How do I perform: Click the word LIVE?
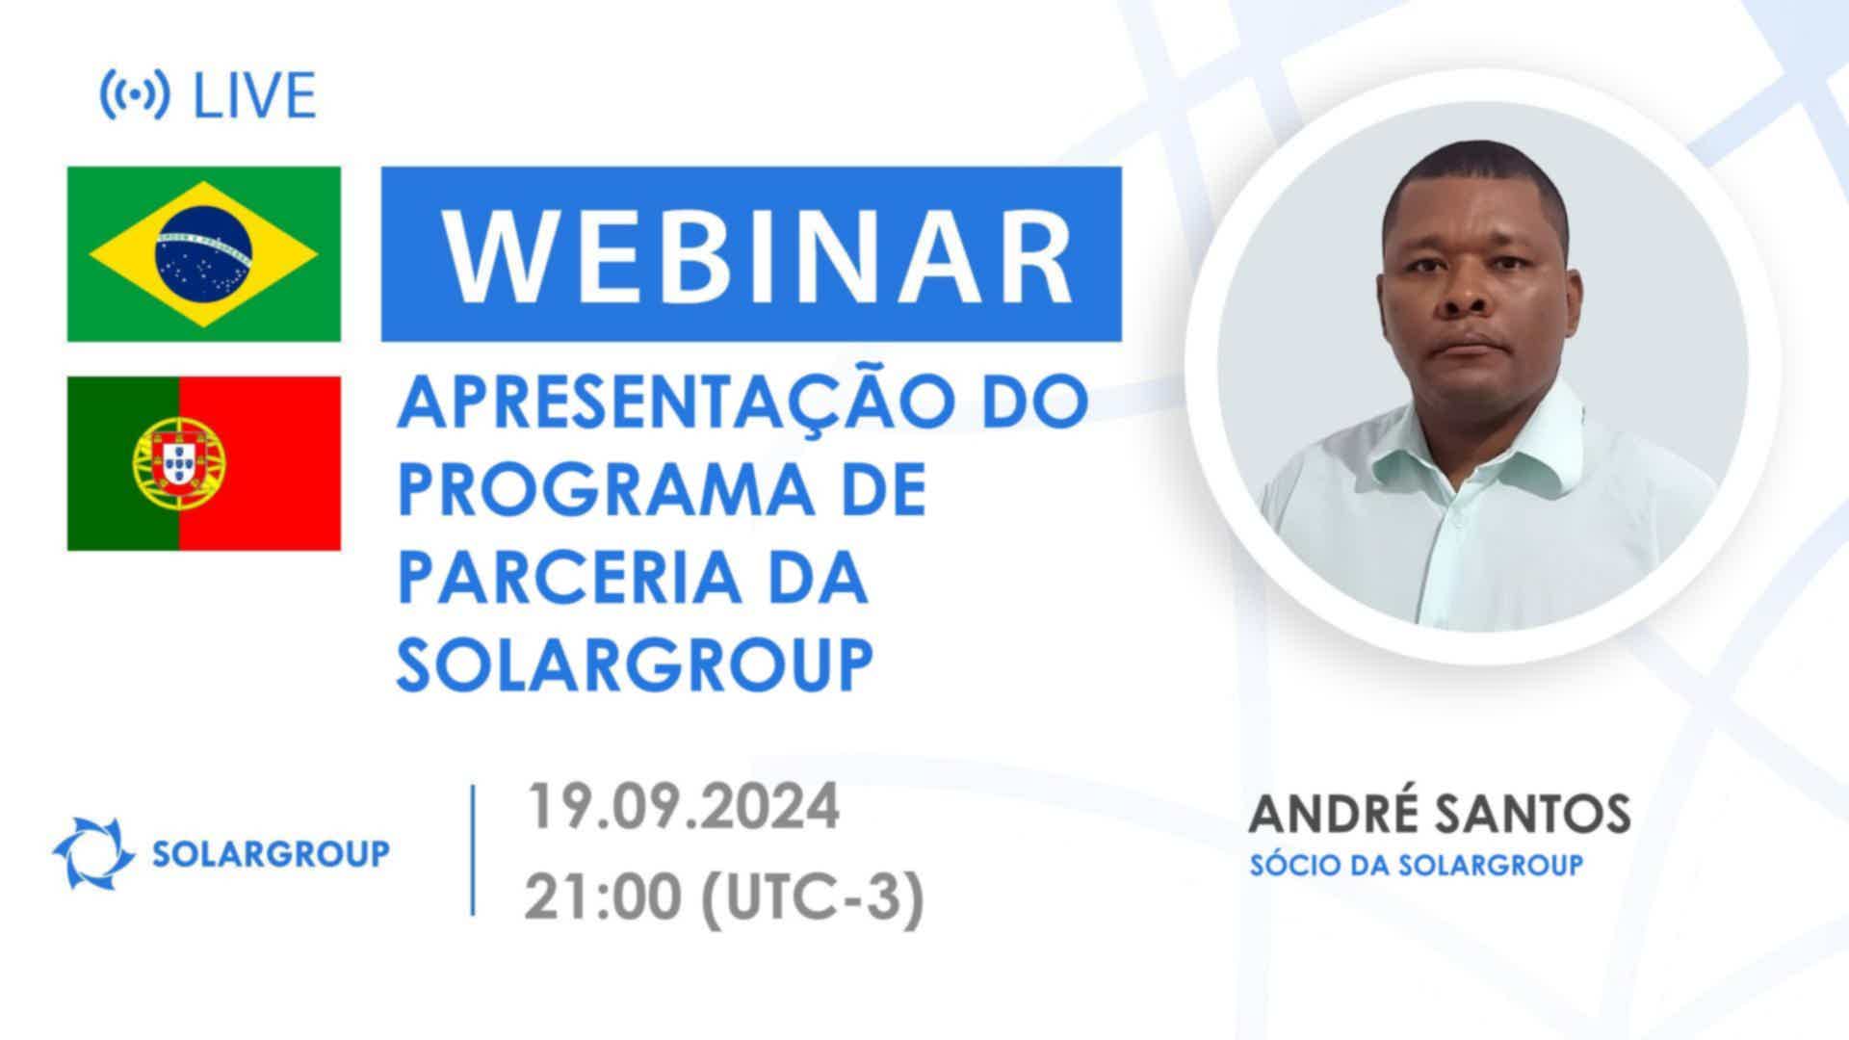pyautogui.click(x=255, y=95)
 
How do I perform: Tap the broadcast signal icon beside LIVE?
pyautogui.click(x=135, y=95)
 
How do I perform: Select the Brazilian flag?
pyautogui.click(x=204, y=254)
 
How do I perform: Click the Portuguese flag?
pyautogui.click(x=204, y=463)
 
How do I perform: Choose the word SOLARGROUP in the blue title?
pyautogui.click(x=636, y=663)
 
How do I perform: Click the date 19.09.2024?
pyautogui.click(x=683, y=806)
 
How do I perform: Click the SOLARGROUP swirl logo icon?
pyautogui.click(x=93, y=852)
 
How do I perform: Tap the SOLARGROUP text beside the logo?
pyautogui.click(x=271, y=853)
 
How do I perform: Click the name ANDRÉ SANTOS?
pyautogui.click(x=1440, y=815)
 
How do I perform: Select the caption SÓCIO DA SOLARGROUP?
pyautogui.click(x=1416, y=865)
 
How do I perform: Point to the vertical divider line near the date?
pyautogui.click(x=473, y=849)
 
